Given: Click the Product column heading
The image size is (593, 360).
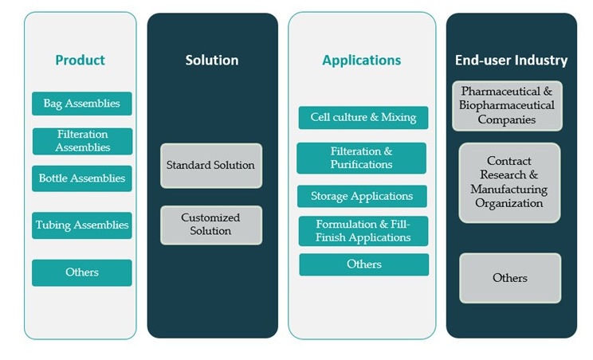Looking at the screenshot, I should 80,60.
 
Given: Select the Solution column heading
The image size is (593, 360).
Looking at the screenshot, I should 212,60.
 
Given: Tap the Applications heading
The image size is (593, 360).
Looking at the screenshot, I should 361,60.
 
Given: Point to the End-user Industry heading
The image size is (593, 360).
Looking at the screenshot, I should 511,60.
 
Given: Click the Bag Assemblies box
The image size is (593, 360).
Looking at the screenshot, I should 82,104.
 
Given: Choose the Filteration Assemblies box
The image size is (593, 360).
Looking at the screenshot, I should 82,141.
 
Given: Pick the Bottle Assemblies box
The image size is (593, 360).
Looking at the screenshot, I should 82,178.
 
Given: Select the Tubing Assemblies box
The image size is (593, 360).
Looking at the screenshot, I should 82,225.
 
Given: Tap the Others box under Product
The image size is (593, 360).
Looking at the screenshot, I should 82,272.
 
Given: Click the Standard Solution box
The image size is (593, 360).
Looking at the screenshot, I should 210,166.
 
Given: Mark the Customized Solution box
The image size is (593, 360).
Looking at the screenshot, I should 210,225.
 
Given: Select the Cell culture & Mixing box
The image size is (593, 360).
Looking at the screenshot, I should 363,118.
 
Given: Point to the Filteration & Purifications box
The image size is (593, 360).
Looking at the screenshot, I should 361,158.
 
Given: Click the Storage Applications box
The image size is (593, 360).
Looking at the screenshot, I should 363,196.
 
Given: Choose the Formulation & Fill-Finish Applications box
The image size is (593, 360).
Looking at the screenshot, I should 363,231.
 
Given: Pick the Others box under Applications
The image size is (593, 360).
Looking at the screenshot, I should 363,264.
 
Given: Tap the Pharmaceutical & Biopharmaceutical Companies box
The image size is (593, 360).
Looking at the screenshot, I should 507,106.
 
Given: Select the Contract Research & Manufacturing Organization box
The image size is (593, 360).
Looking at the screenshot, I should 509,182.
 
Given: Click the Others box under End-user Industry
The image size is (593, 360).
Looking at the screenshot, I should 509,278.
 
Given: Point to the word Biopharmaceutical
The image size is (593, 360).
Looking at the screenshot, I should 507,106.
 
